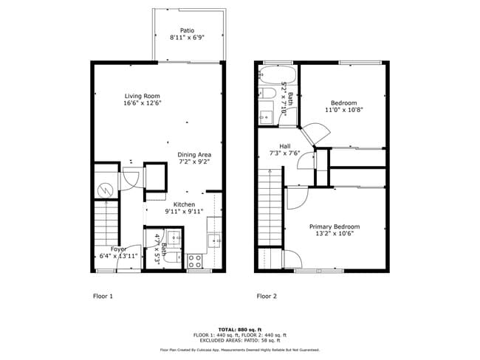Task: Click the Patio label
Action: (x=187, y=30)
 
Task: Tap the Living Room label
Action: (x=142, y=96)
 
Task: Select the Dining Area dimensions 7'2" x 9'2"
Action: (x=194, y=162)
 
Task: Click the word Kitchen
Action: (x=184, y=204)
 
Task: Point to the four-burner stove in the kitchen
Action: (x=196, y=260)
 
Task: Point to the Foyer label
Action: (x=118, y=249)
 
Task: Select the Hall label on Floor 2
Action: (x=285, y=145)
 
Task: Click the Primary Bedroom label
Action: (x=335, y=226)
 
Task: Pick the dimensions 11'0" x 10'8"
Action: (x=343, y=110)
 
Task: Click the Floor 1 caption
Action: (x=103, y=296)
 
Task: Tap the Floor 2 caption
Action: (x=267, y=296)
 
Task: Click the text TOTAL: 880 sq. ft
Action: (x=239, y=328)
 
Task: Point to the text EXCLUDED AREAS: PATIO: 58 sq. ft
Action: (x=240, y=340)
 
